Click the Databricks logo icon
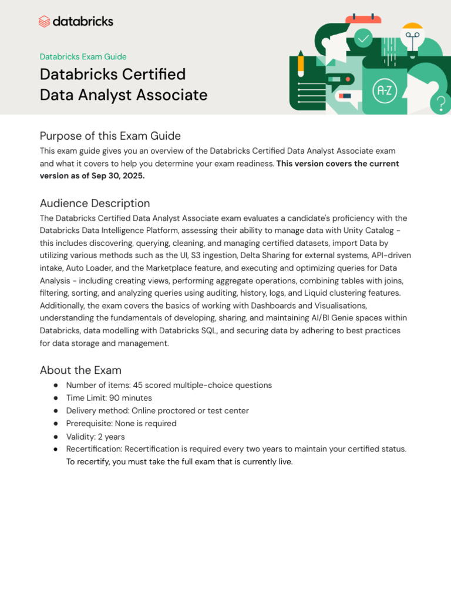45,22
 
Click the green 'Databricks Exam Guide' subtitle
83,57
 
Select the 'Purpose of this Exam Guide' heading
110,136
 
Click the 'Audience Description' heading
95,204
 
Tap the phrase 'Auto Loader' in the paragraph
90,268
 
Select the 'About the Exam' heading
80,370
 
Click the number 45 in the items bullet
139,386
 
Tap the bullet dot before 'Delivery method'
55,411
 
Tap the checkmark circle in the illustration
364,39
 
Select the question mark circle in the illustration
440,104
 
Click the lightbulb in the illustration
412,36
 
